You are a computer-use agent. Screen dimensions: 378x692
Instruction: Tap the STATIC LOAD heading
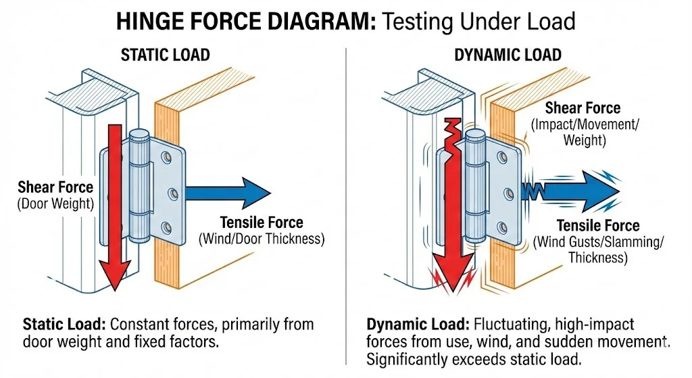pyautogui.click(x=165, y=55)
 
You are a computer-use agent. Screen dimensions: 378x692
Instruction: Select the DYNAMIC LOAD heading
pyautogui.click(x=508, y=55)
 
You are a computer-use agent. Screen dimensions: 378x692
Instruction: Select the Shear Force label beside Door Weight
pyautogui.click(x=55, y=187)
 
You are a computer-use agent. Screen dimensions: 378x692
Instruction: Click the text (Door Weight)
pyautogui.click(x=55, y=203)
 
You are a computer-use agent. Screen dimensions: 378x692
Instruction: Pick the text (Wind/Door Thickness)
pyautogui.click(x=261, y=239)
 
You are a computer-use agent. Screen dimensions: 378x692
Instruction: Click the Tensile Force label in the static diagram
pyautogui.click(x=262, y=222)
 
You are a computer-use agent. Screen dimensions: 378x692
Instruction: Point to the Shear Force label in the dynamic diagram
pyautogui.click(x=583, y=108)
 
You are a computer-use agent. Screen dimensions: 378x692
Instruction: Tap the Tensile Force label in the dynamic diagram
pyautogui.click(x=597, y=226)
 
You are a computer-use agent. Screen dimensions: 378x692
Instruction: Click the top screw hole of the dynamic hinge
pyautogui.click(x=501, y=156)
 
